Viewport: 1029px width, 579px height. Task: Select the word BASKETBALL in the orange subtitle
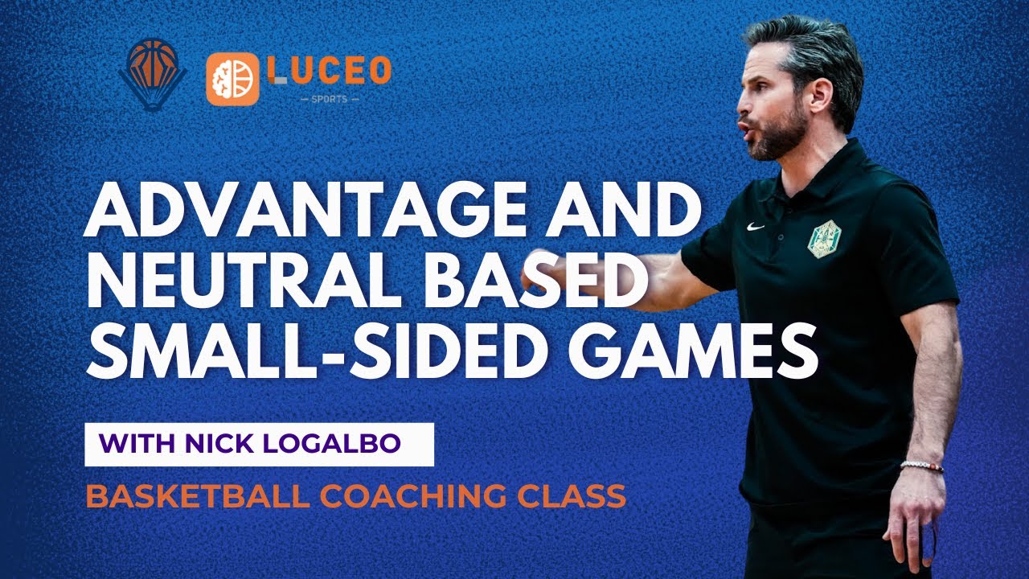[196, 497]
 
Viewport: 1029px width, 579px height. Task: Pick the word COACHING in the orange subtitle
[403, 497]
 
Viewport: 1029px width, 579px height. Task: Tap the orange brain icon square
[232, 80]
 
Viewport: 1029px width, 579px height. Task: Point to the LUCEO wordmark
[329, 71]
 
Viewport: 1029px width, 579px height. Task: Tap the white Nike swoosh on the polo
[755, 228]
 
